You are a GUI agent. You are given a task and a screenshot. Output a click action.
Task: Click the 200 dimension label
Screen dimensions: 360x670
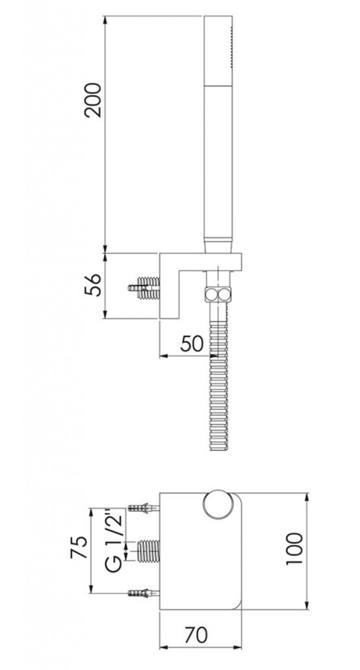pyautogui.click(x=93, y=100)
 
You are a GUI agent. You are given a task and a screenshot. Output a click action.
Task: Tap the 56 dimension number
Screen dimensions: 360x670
pyautogui.click(x=93, y=285)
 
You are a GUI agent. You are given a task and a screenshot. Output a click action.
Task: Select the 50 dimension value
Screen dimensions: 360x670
pyautogui.click(x=192, y=343)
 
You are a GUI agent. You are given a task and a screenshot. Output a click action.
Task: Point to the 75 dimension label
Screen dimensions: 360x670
pyautogui.click(x=79, y=548)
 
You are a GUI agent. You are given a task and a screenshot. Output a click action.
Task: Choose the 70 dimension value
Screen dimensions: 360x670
pyautogui.click(x=196, y=635)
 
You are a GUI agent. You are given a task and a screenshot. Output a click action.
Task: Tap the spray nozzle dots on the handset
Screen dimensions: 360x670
pyautogui.click(x=231, y=47)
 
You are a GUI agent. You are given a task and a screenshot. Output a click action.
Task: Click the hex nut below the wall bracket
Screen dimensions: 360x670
pyautogui.click(x=218, y=294)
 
